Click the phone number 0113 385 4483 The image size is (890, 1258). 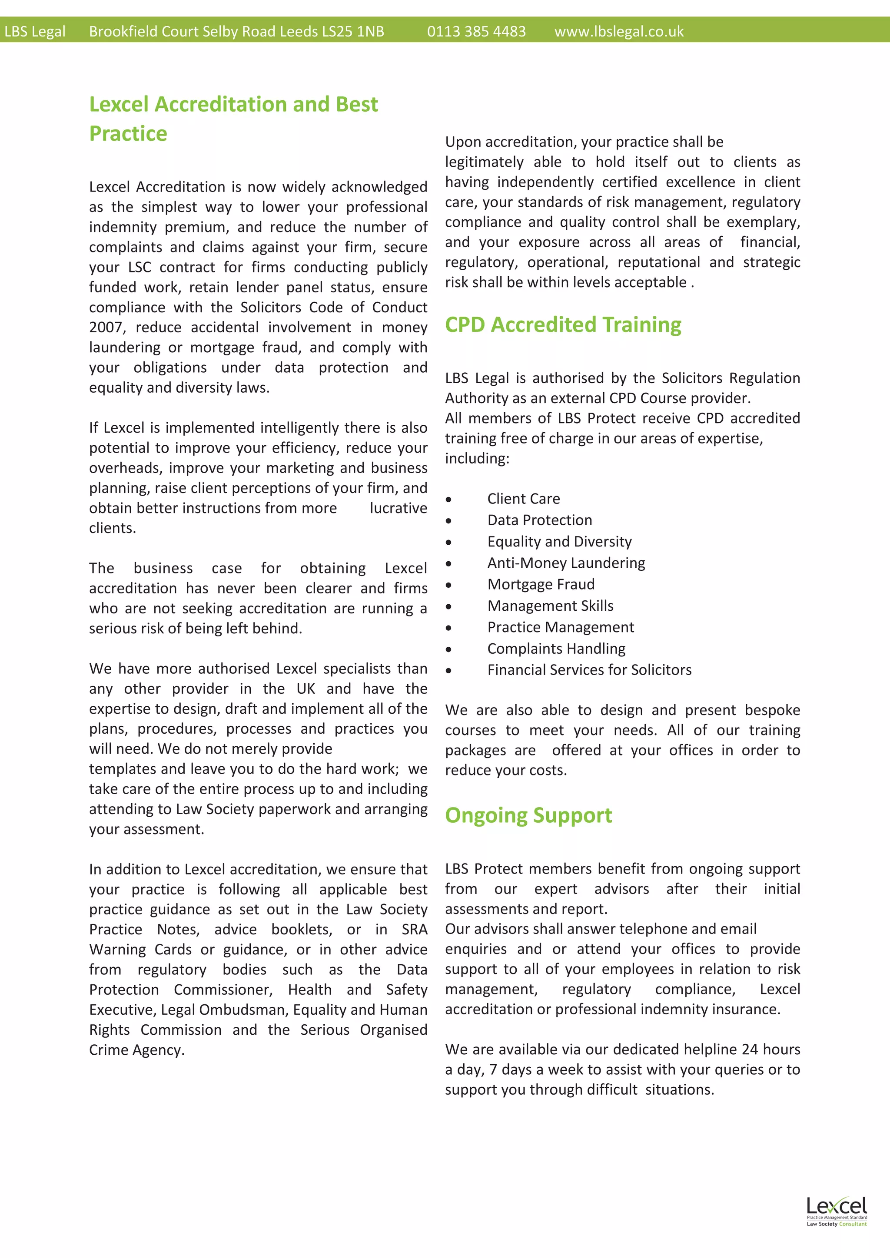[x=476, y=32]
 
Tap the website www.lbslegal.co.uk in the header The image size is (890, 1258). [x=619, y=32]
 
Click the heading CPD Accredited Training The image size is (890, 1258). [x=563, y=325]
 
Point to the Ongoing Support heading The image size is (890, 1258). [x=528, y=815]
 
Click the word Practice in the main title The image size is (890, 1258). [x=128, y=134]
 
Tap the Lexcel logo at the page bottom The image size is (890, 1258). [x=836, y=1212]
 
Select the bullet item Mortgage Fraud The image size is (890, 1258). [x=541, y=585]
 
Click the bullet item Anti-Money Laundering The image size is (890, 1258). [x=566, y=563]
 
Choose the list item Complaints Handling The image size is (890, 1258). [x=556, y=649]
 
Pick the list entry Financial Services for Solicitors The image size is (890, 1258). [x=589, y=670]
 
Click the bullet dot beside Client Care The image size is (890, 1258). [x=449, y=500]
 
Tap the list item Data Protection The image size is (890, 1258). [x=540, y=520]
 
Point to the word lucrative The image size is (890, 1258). [x=399, y=509]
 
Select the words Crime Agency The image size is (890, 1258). [x=136, y=1050]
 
